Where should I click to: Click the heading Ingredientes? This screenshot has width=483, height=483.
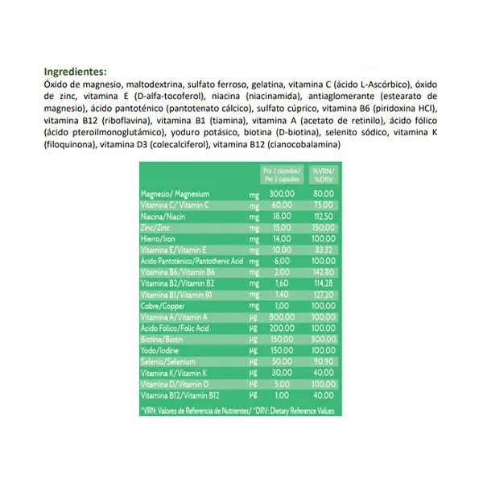75,70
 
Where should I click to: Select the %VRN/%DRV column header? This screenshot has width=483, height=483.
325,175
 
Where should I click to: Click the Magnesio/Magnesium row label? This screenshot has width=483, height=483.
175,194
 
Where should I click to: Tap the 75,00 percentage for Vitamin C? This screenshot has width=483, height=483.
324,205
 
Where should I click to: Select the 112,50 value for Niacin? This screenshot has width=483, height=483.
324,217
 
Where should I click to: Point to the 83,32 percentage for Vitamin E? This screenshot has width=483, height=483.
324,250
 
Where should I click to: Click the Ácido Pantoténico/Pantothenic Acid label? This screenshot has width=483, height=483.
192,262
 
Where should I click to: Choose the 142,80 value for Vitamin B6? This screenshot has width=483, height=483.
324,273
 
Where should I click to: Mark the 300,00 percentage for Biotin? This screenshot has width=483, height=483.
324,341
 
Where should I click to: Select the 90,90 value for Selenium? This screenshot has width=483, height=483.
324,363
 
